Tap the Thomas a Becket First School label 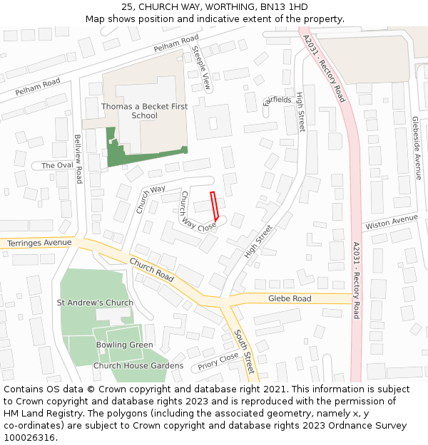[144, 111]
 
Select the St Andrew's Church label [95, 303]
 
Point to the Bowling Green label [125, 345]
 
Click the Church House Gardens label [138, 366]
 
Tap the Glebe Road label [290, 298]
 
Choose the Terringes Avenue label [39, 244]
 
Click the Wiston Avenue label [391, 223]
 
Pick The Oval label [57, 165]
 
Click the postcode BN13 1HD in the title [283, 7]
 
